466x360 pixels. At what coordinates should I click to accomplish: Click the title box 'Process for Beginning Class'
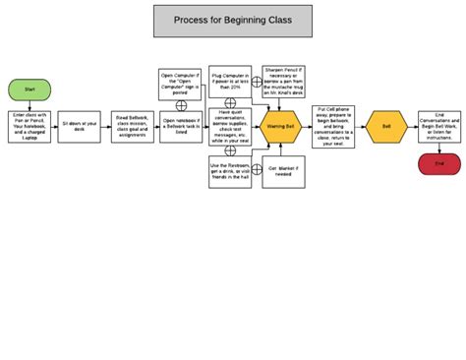pyautogui.click(x=233, y=20)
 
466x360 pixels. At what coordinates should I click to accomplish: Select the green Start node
pyautogui.click(x=29, y=89)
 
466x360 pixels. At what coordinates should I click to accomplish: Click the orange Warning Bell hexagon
pyautogui.click(x=281, y=126)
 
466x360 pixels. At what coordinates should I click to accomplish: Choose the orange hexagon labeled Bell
pyautogui.click(x=386, y=126)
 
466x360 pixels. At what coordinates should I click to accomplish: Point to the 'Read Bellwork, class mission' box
pyautogui.click(x=131, y=126)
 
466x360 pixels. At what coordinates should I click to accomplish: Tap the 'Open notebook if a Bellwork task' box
pyautogui.click(x=181, y=126)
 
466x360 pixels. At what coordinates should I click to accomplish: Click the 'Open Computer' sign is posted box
pyautogui.click(x=181, y=84)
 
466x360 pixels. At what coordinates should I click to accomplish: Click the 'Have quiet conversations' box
pyautogui.click(x=231, y=126)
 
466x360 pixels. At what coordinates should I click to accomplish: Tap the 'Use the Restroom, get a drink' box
pyautogui.click(x=231, y=171)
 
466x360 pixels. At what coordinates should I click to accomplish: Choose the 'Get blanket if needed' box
pyautogui.click(x=281, y=171)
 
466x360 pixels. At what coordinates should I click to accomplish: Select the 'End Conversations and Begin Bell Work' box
pyautogui.click(x=438, y=126)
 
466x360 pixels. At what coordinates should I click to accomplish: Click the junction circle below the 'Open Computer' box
pyautogui.click(x=181, y=104)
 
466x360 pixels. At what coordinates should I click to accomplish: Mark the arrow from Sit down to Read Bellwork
pyautogui.click(x=105, y=126)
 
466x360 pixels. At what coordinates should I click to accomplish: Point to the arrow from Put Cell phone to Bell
pyautogui.click(x=362, y=126)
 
